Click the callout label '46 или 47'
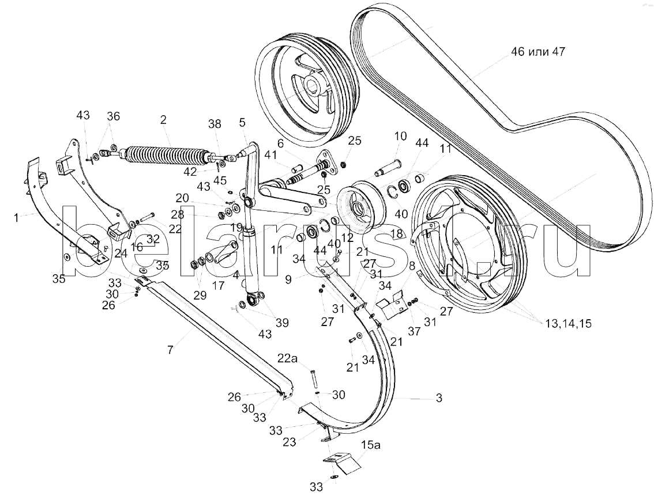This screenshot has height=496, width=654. [538, 52]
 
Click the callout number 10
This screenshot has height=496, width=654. [400, 137]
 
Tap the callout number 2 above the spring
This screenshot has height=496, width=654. [163, 120]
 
